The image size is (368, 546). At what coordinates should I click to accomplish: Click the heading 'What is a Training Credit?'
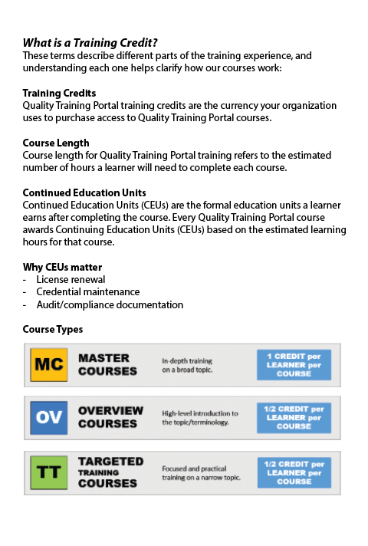tap(95, 43)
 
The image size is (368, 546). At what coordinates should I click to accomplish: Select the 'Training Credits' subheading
tap(59, 93)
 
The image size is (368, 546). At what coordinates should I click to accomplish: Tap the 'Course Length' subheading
tap(56, 143)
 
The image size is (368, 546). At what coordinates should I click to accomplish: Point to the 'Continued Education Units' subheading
tap(84, 192)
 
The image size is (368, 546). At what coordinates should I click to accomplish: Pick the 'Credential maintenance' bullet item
tap(88, 292)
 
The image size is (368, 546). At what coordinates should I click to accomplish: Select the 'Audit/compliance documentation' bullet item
tap(110, 304)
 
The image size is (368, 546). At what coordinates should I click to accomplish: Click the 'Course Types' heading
tap(53, 329)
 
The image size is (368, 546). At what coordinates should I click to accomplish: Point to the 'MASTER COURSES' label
tap(107, 364)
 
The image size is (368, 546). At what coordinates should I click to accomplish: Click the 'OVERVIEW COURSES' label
tap(110, 417)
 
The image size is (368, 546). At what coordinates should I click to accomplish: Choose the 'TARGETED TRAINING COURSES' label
tap(110, 472)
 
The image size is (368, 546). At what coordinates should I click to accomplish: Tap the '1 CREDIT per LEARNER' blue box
tap(294, 364)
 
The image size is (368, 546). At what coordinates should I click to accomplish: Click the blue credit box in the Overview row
tap(294, 417)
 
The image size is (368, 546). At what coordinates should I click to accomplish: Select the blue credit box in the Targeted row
tap(294, 472)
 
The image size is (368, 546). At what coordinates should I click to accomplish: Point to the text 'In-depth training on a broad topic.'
tap(187, 365)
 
